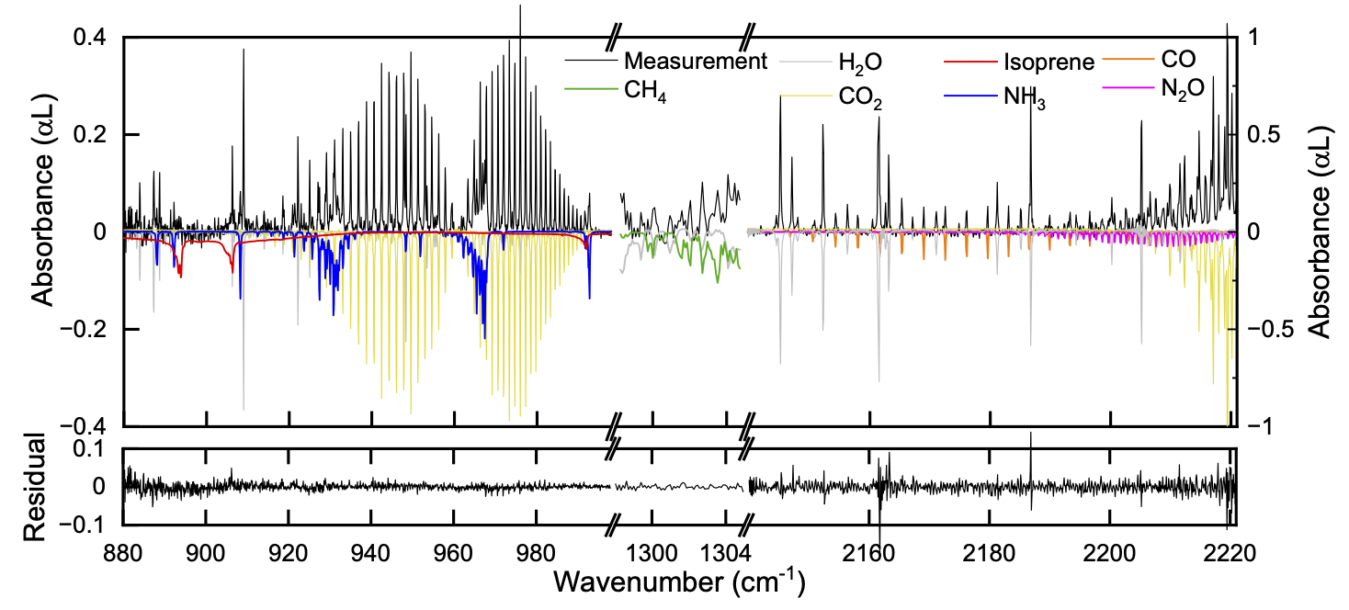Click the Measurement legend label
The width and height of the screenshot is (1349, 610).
(x=695, y=62)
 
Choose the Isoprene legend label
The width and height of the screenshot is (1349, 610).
(x=1049, y=62)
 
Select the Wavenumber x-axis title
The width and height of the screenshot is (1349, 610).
(x=680, y=582)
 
